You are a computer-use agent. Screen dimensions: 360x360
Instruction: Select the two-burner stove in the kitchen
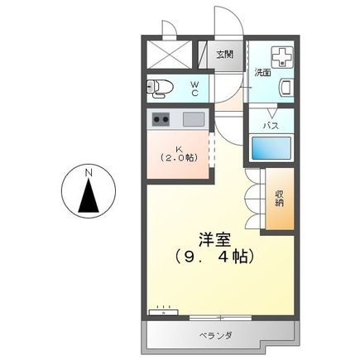pos(160,119)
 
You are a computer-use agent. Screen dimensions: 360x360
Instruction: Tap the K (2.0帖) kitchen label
pos(179,151)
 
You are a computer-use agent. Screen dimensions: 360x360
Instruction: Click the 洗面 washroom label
pos(262,73)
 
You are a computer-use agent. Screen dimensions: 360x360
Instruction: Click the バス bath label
pos(270,126)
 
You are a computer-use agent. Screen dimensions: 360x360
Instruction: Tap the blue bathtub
pos(271,150)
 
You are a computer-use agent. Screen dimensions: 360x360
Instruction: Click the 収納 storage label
pos(280,199)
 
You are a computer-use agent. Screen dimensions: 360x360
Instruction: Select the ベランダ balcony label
pos(214,335)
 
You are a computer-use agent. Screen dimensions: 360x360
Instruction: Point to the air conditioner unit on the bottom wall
pos(163,313)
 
